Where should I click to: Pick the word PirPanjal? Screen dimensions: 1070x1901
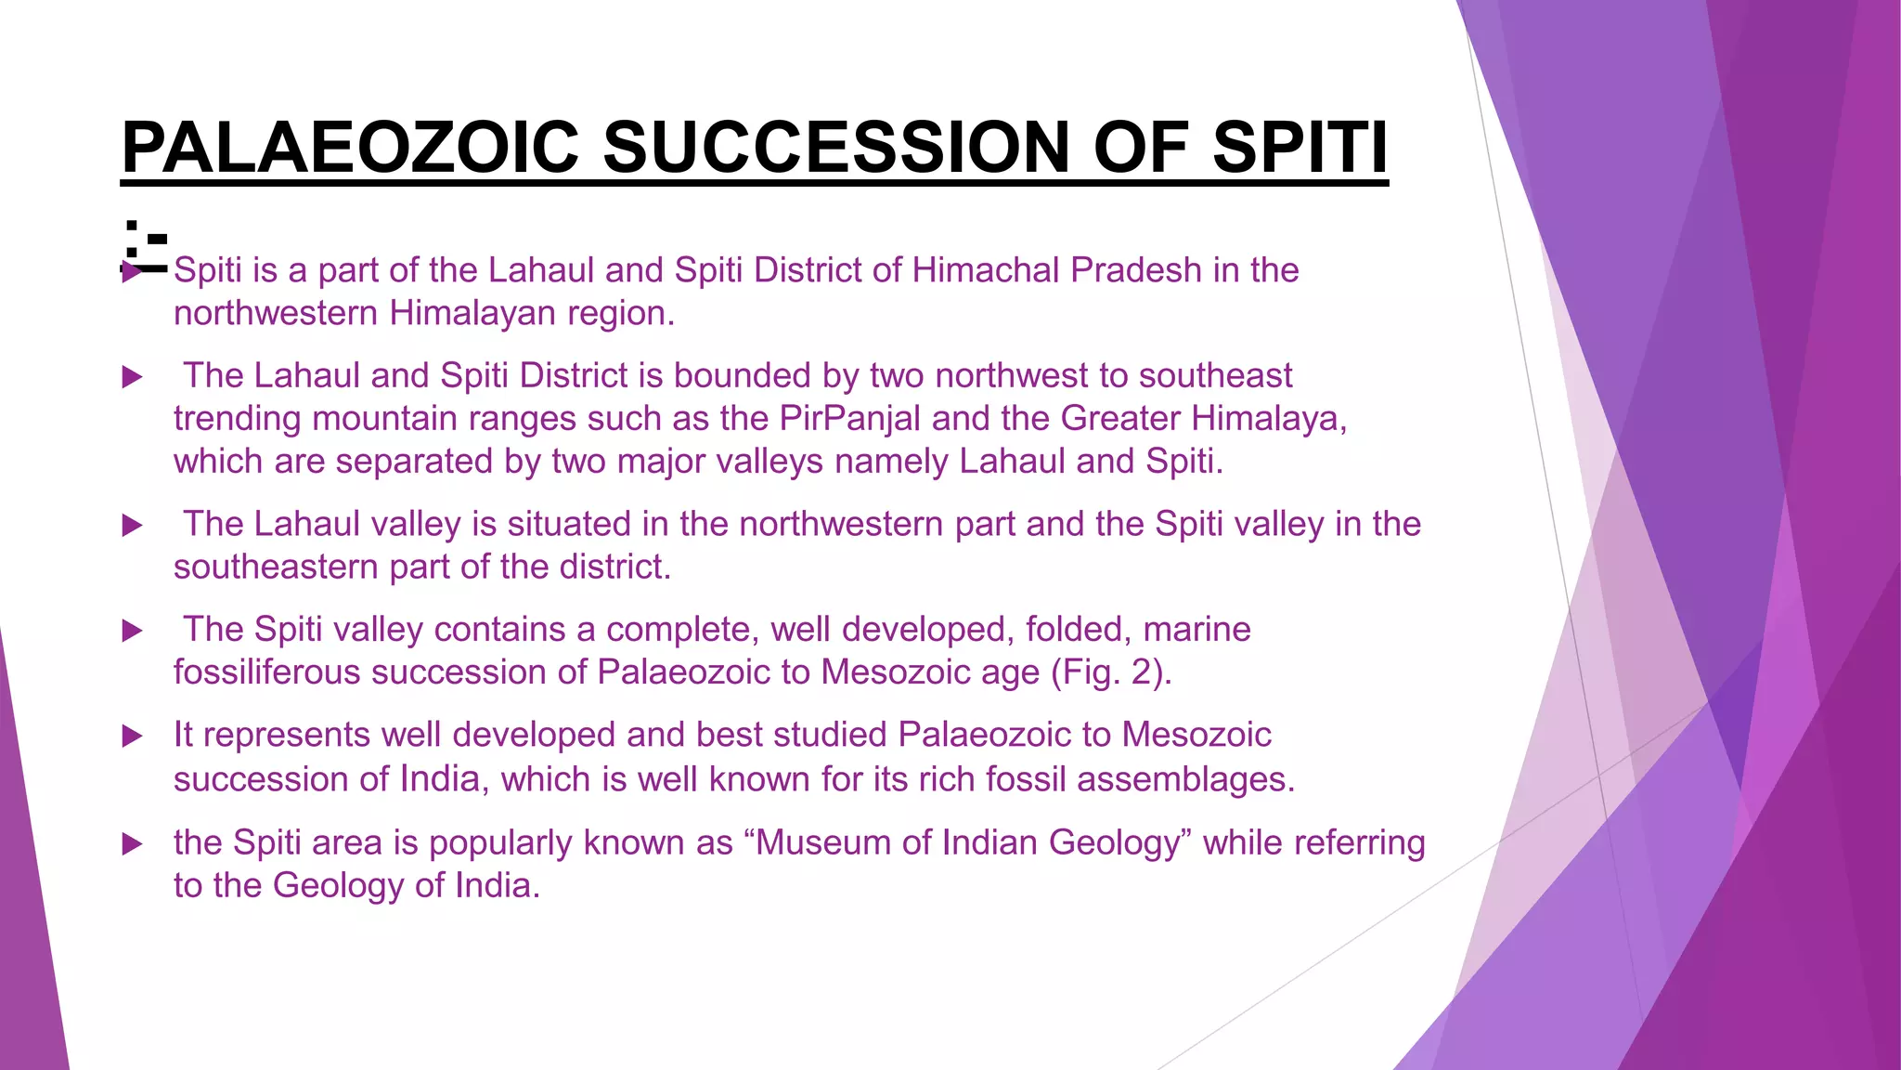pyautogui.click(x=849, y=418)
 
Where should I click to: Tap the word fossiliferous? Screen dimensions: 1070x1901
pyautogui.click(x=266, y=672)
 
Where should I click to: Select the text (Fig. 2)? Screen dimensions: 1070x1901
pyautogui.click(x=1111, y=672)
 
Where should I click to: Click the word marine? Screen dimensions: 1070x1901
pyautogui.click(x=1196, y=629)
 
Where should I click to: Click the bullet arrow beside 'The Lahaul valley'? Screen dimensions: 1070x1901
pyautogui.click(x=133, y=526)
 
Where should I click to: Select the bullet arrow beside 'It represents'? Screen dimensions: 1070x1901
pyautogui.click(x=133, y=737)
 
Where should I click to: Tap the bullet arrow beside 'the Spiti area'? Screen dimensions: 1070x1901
pyautogui.click(x=133, y=844)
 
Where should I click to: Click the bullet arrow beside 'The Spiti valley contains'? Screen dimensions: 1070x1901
pyautogui.click(x=133, y=632)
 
